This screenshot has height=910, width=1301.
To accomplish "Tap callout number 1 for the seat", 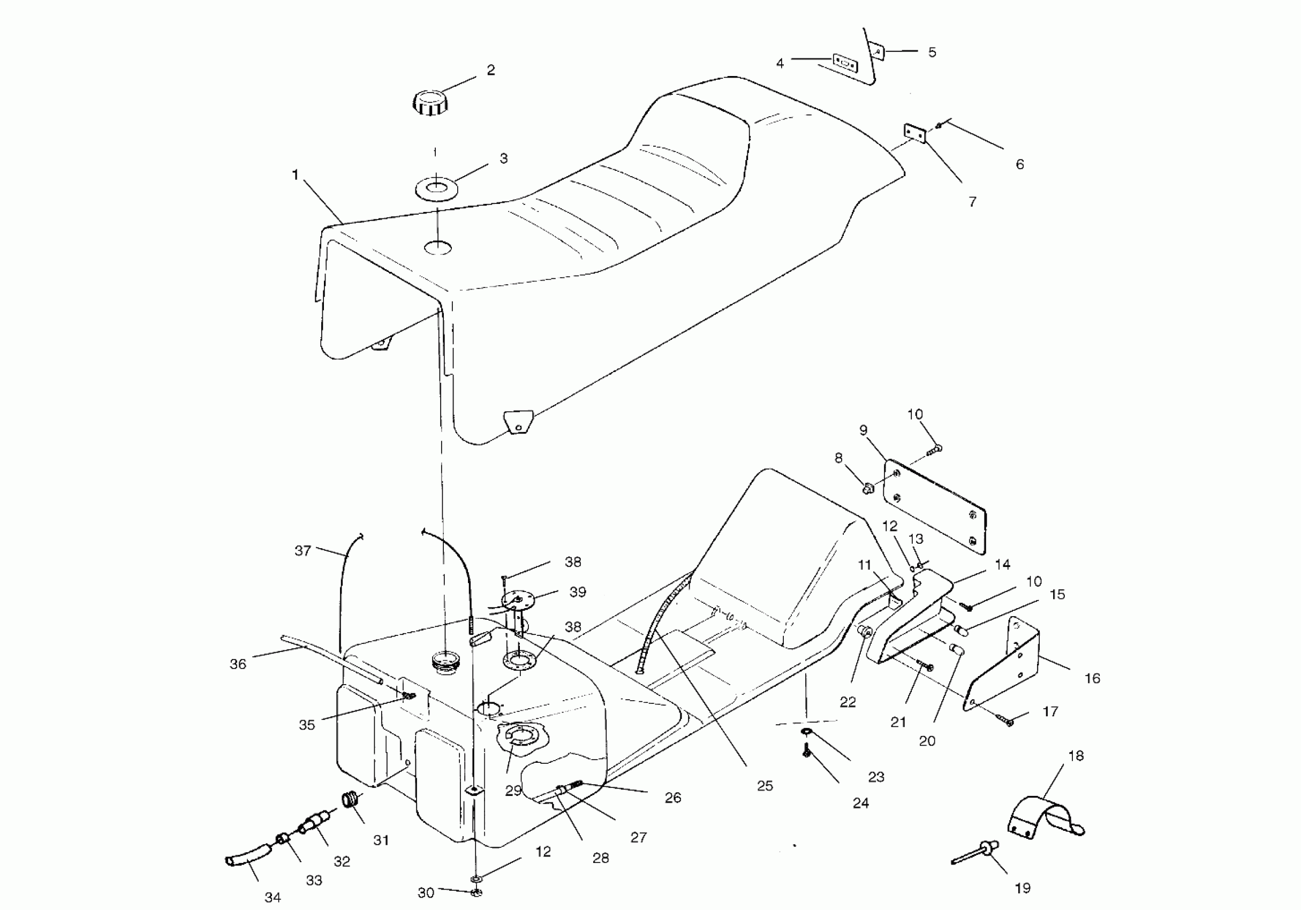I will [x=294, y=175].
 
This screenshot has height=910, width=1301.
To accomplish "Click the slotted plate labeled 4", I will [x=845, y=62].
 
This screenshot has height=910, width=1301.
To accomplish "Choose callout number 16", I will [x=1091, y=678].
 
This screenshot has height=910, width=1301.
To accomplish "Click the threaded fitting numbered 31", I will [x=351, y=800].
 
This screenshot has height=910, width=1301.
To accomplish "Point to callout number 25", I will [x=765, y=786].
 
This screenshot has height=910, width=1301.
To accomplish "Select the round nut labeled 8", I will [x=867, y=487].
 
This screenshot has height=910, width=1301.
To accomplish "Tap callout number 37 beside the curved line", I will [x=302, y=550].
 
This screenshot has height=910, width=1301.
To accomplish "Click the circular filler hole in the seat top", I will [x=438, y=248].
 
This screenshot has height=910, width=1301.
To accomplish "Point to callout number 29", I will [x=513, y=791].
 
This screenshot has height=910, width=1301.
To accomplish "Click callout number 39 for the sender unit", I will [x=577, y=592].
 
